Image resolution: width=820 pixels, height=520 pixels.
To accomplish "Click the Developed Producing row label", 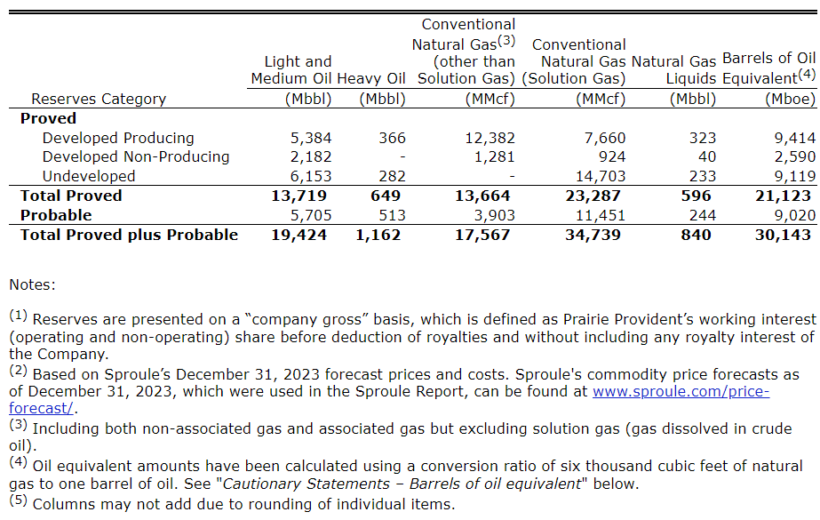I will (118, 138).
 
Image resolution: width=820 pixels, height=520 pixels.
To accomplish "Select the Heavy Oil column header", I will (371, 78).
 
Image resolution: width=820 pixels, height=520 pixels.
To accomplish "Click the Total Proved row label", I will (71, 196).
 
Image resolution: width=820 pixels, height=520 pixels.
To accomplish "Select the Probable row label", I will (56, 215).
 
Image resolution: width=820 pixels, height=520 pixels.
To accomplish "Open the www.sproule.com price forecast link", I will (681, 391).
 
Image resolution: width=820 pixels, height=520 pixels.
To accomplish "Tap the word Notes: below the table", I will (32, 285).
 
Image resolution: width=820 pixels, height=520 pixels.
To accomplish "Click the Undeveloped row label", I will (89, 176).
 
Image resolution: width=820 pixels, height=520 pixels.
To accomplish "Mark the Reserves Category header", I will (99, 99).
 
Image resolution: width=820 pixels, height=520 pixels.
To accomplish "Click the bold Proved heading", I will (48, 118).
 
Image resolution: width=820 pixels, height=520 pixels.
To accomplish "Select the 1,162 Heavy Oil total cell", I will (378, 235).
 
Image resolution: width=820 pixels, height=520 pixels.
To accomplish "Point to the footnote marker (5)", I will (19, 502).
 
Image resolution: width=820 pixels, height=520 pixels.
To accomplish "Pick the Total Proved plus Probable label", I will (130, 235).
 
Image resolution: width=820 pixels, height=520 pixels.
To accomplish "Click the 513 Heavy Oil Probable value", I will (391, 215).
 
